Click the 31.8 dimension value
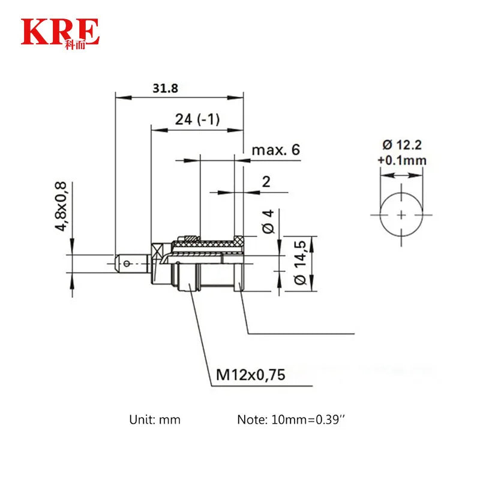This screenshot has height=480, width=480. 165,88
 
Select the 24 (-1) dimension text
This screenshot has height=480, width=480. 197,119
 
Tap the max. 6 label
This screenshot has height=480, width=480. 275,150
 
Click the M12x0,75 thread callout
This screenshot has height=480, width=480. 250,376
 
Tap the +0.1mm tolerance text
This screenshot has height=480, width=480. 401,160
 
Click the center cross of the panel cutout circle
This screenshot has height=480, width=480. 401,214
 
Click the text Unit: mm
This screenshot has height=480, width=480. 154,419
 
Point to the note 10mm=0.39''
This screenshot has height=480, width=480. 292,419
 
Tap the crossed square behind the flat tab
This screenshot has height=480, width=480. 157,250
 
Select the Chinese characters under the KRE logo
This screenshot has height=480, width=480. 75,44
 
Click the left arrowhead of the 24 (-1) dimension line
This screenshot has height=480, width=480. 154,128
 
